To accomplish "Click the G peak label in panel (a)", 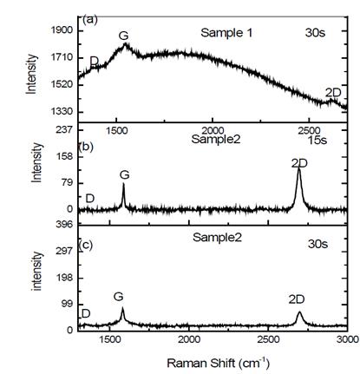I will (x=124, y=36).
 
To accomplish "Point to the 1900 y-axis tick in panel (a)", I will (x=61, y=30).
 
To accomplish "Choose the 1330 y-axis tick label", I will (x=61, y=112).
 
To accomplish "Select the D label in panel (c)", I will (x=85, y=313).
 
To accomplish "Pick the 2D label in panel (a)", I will (x=332, y=93).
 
